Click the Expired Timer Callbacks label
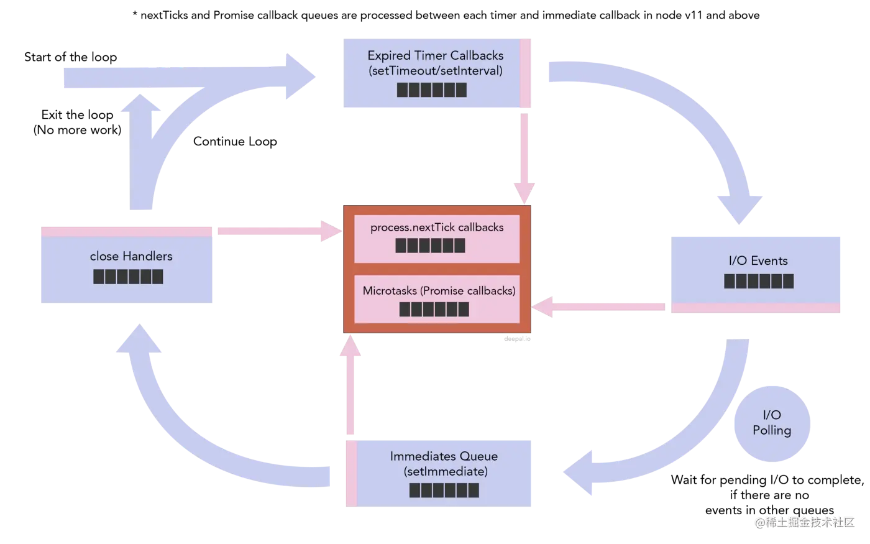pos(435,55)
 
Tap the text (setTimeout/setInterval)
pos(435,71)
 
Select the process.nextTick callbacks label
pos(437,228)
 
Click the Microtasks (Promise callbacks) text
pos(439,290)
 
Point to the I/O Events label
pos(758,261)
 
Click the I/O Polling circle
pos(772,423)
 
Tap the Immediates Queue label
pos(444,456)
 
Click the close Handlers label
pos(131,256)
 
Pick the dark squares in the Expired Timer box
pos(432,90)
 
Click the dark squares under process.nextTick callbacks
pos(430,246)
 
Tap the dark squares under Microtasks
pos(434,309)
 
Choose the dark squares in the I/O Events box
pos(759,281)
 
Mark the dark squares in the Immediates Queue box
pos(444,490)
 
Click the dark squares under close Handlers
pos(128,277)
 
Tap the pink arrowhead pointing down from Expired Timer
pos(524,190)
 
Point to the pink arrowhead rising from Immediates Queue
pos(351,348)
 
